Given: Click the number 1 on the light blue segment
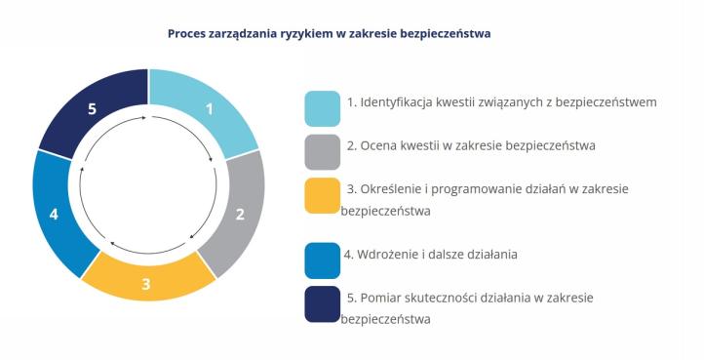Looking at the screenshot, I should (209, 109).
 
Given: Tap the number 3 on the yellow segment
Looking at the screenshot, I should (146, 285).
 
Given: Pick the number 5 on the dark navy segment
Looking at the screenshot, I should (92, 109).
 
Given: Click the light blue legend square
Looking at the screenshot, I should (322, 108).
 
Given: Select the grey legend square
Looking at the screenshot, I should (322, 151).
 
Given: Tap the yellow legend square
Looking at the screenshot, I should (322, 195).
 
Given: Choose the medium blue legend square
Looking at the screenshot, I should (322, 259).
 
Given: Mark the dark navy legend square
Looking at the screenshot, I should (322, 302).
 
